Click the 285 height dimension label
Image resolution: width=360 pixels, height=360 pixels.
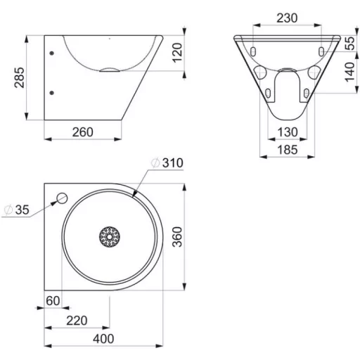pos(19,77)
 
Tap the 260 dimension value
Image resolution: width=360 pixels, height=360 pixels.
pos(82,132)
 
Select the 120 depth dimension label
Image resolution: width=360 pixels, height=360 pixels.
pos(177,53)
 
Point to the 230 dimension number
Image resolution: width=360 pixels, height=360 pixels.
pos(287,18)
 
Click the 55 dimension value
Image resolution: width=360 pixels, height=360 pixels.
pos(350,44)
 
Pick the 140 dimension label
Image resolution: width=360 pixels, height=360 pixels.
pos(350,72)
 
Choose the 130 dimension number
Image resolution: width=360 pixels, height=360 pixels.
pos(288,132)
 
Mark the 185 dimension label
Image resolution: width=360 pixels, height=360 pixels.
pos(288,150)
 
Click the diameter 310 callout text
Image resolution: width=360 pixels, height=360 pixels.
pos(167,163)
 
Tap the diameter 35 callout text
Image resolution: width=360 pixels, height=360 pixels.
pos(17,210)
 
